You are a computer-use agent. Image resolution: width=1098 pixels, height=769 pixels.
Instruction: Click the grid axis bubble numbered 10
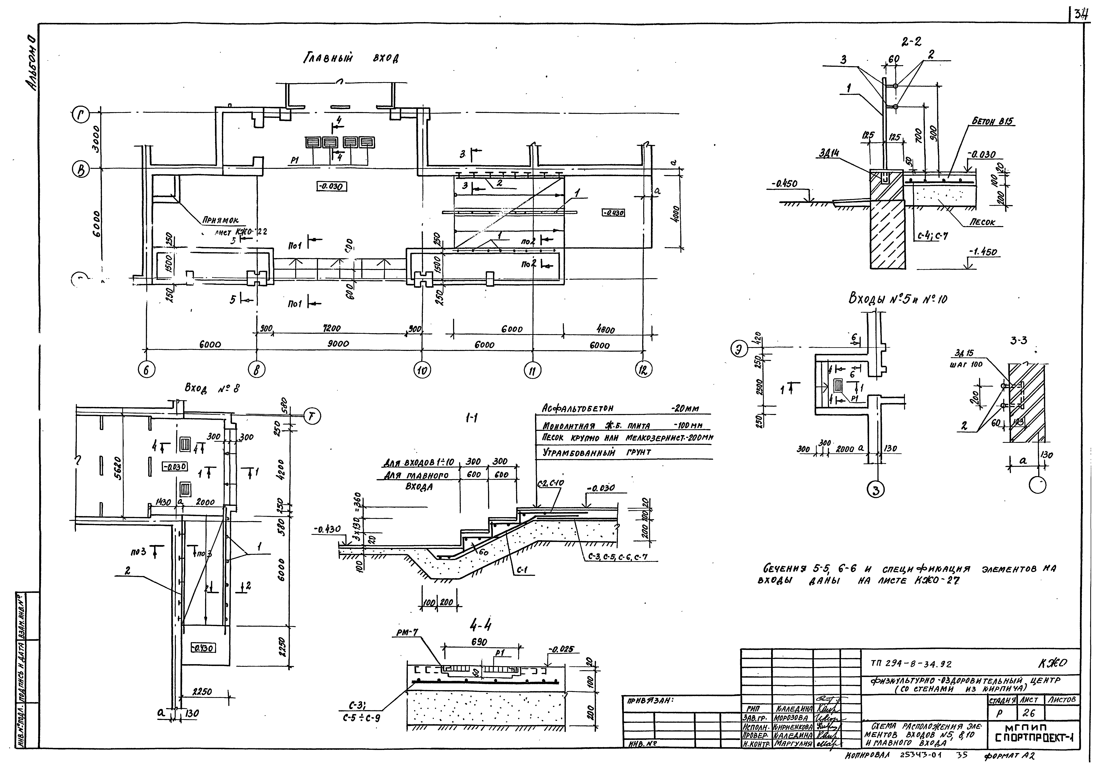pos(422,370)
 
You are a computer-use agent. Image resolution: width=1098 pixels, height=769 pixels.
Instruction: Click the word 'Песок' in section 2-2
pos(982,222)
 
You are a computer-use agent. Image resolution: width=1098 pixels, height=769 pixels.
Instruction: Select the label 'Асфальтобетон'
pos(578,408)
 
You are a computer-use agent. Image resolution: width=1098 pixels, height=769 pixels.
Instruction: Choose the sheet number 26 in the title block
pos(1029,713)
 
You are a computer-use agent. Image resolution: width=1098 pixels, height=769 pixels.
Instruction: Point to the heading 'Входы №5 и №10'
pos(898,299)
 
